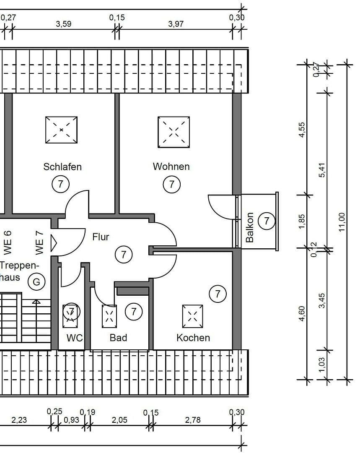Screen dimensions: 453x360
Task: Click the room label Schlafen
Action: (62, 167)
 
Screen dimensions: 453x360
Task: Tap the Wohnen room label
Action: (171, 167)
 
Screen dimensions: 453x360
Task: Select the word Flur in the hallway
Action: (101, 237)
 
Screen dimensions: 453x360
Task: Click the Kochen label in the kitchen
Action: (193, 338)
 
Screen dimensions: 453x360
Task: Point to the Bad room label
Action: (118, 338)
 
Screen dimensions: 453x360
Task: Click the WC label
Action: (74, 338)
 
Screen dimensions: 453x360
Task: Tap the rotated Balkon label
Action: (250, 227)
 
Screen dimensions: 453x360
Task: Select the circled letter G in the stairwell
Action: (36, 282)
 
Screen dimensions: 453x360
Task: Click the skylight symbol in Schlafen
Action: (62, 130)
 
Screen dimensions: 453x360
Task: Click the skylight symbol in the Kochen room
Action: (192, 316)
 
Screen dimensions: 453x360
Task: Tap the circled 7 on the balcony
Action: (266, 220)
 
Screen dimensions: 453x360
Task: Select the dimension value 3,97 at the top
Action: (176, 24)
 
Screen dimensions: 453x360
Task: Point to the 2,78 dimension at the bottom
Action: (193, 419)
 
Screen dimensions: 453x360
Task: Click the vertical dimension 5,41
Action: (322, 170)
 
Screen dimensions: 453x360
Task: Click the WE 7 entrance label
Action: (39, 243)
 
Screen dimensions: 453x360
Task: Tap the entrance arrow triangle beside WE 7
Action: (53, 242)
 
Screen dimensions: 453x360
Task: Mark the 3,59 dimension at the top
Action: (64, 24)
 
